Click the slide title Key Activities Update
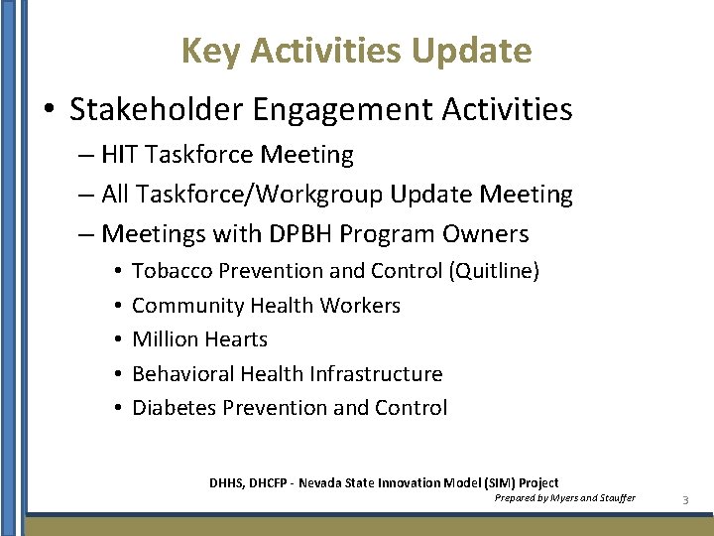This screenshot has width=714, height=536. [x=356, y=50]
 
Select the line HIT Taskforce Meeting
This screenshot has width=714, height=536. [x=227, y=155]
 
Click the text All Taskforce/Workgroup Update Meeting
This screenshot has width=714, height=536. [x=337, y=195]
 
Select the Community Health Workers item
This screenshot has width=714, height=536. [x=266, y=306]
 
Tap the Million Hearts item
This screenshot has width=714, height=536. [x=199, y=339]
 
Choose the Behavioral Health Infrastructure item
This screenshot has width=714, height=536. [x=287, y=374]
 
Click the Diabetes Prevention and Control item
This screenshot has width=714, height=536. [x=290, y=408]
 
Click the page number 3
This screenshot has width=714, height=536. [x=685, y=500]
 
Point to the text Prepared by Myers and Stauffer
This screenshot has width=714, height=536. [x=564, y=497]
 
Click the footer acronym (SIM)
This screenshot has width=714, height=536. [x=502, y=482]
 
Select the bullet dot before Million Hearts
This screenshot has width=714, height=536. [x=117, y=340]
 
